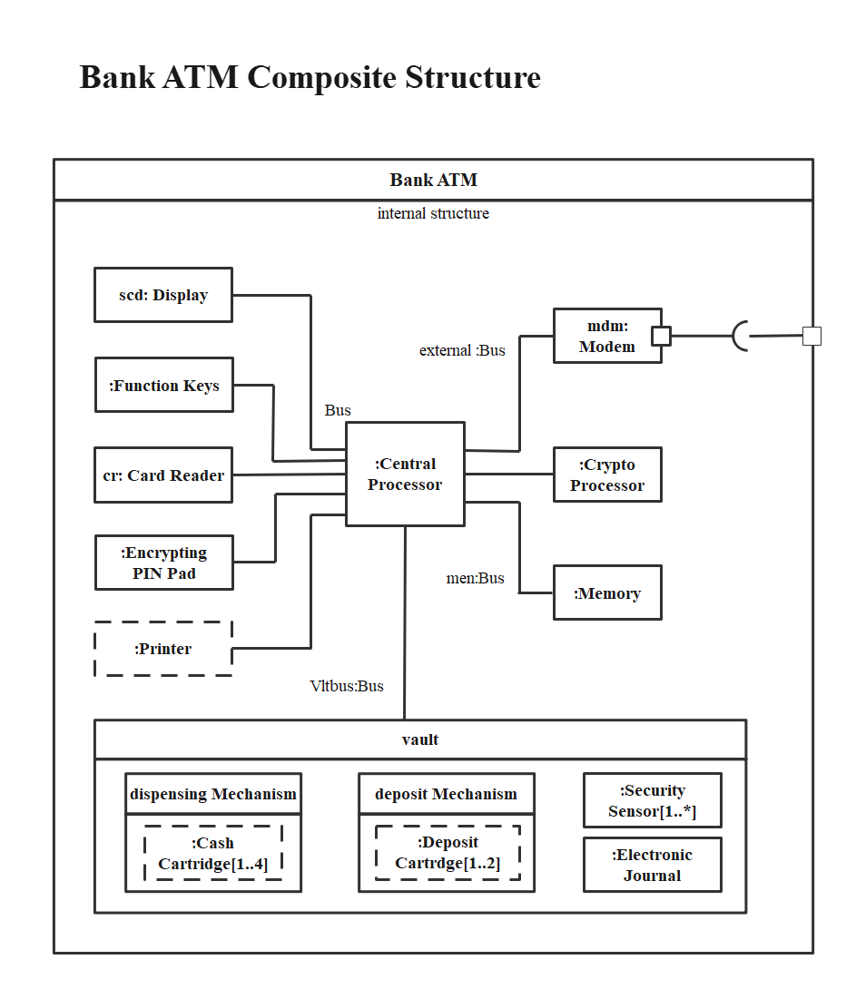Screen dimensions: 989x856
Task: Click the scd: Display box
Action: pos(163,295)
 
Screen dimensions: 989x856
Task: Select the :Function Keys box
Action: pos(163,386)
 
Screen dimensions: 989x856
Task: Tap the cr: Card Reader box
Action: pos(163,475)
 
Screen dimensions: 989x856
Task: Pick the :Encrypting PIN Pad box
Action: pos(163,563)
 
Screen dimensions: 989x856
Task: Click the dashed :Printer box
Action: pos(163,649)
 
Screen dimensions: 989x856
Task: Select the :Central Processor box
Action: pos(405,474)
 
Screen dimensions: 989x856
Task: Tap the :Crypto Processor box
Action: pos(607,475)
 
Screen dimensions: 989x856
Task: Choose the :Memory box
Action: pos(607,593)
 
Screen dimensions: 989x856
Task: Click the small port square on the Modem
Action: pos(662,336)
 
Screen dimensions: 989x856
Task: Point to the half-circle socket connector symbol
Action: pos(740,336)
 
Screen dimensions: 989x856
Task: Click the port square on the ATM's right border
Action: pos(812,336)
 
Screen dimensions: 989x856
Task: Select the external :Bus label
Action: pos(462,350)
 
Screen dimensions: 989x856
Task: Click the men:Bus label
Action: pos(475,578)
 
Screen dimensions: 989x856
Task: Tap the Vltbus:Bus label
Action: pos(347,686)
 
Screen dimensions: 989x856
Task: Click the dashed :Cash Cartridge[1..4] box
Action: pos(213,853)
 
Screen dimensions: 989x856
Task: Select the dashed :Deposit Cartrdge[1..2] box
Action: pos(448,853)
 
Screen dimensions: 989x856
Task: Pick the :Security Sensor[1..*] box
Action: pos(652,800)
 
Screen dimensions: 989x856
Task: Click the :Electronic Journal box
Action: pos(652,865)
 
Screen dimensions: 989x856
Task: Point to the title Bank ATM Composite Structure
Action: pos(310,77)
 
